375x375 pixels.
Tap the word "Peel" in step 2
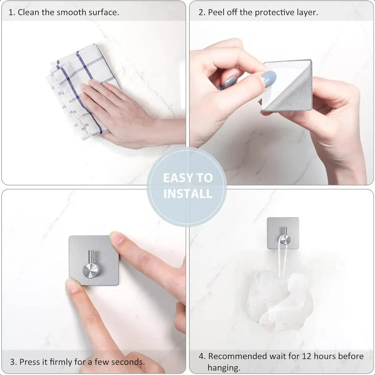tap(217, 12)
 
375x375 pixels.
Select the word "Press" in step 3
tap(30, 362)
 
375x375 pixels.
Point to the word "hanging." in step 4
tap(224, 367)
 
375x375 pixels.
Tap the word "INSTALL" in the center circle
tap(187, 194)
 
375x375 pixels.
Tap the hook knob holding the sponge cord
tap(285, 239)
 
